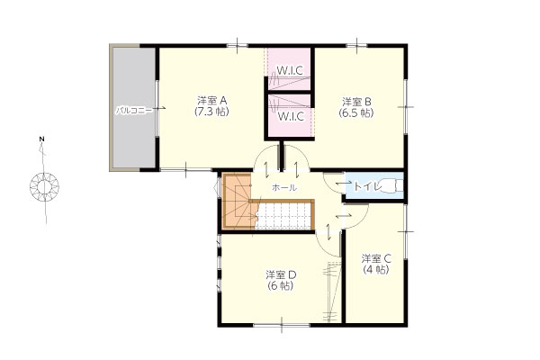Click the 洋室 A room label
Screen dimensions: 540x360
click(x=211, y=101)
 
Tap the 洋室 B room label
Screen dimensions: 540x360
click(x=356, y=102)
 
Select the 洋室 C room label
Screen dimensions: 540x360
click(x=376, y=258)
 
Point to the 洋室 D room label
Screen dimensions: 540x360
click(x=281, y=274)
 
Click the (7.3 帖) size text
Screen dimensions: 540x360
click(x=211, y=112)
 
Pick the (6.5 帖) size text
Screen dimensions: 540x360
click(x=356, y=112)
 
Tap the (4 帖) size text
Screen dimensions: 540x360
click(x=376, y=269)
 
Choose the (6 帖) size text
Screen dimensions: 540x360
click(x=281, y=286)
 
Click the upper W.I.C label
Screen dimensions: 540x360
click(x=291, y=70)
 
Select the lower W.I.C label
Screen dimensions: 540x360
click(x=291, y=116)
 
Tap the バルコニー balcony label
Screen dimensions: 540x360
click(x=133, y=111)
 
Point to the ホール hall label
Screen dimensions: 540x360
click(x=284, y=188)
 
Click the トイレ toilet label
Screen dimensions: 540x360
click(x=368, y=186)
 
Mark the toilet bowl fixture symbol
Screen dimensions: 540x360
click(x=393, y=186)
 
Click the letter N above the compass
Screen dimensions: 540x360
click(x=41, y=139)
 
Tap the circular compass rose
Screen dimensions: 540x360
click(x=44, y=187)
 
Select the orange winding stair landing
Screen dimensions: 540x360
click(x=238, y=202)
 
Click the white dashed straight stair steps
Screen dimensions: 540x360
click(x=283, y=216)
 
